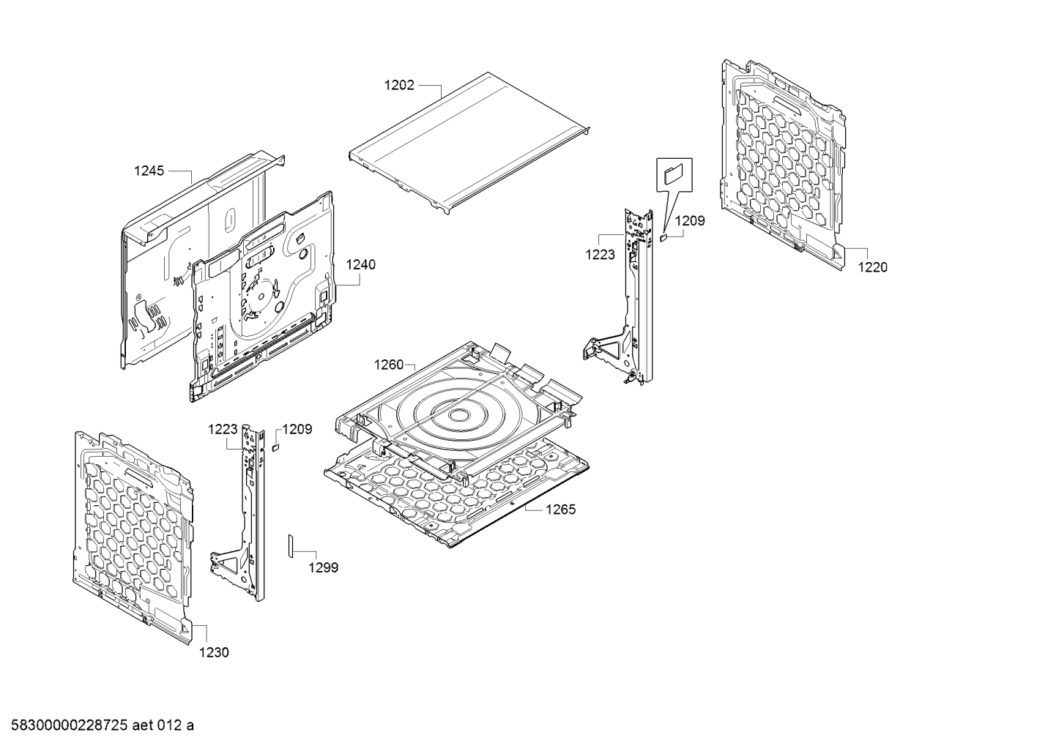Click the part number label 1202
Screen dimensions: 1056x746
(x=399, y=86)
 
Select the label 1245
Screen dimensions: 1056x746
(x=149, y=171)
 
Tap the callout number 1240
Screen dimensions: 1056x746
(x=360, y=265)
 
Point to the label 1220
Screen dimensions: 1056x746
(x=873, y=267)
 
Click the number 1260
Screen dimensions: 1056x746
(x=389, y=365)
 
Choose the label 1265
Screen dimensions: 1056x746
(x=561, y=510)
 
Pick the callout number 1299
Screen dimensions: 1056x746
(x=324, y=567)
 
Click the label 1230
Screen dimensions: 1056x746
(x=214, y=652)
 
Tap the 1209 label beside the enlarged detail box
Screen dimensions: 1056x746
(x=690, y=220)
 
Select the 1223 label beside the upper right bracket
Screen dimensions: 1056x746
(x=600, y=255)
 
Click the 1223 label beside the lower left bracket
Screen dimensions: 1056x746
(x=223, y=429)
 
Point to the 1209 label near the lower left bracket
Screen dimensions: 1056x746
(x=297, y=429)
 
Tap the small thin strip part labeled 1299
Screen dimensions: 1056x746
(x=291, y=546)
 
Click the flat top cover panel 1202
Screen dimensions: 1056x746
(x=470, y=143)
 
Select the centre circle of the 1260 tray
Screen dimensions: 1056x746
(x=456, y=415)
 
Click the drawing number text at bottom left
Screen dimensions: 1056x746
(x=103, y=726)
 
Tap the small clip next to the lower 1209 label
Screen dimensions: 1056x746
(x=276, y=447)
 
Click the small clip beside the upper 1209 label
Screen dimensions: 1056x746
(x=663, y=237)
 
